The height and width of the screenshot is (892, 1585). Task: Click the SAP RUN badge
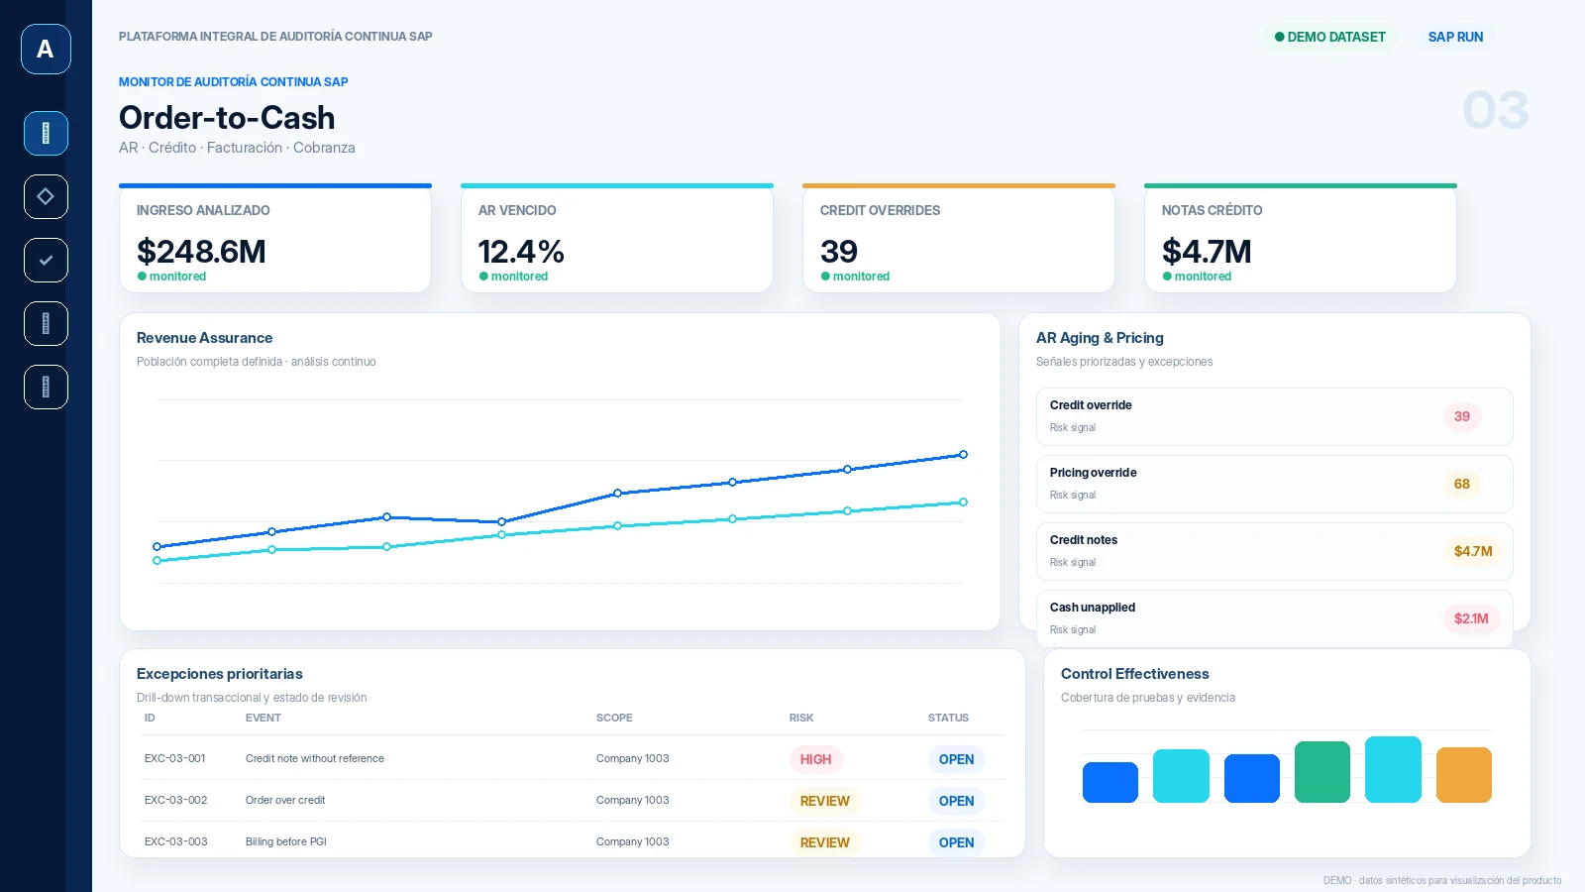pos(1455,37)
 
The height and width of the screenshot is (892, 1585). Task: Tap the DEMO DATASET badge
pos(1329,37)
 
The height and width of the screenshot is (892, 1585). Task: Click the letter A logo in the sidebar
pos(46,49)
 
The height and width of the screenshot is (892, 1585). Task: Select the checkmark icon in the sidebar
pos(46,261)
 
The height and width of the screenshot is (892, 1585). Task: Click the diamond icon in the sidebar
pos(46,197)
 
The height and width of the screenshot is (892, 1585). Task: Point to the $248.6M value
pos(201,252)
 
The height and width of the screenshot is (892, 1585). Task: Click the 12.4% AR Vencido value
pos(521,252)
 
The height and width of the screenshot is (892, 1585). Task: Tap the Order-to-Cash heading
pos(227,118)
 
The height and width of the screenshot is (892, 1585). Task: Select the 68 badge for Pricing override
pos(1462,484)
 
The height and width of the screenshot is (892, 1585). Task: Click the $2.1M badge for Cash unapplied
pos(1471,618)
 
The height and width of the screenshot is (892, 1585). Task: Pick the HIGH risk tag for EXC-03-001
pos(816,759)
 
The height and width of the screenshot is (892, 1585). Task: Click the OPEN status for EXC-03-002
pos(957,801)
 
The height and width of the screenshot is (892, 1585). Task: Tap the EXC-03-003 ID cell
pos(176,841)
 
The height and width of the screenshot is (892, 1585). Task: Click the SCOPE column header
pos(614,718)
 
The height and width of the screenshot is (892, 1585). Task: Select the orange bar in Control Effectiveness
pos(1464,775)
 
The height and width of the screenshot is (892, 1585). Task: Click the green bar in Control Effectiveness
pos(1322,772)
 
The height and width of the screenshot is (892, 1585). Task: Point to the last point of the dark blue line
pos(963,455)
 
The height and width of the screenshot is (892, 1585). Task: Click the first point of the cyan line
pos(158,561)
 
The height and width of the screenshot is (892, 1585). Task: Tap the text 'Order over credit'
pos(285,800)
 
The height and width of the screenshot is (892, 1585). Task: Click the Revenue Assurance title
pos(204,338)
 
